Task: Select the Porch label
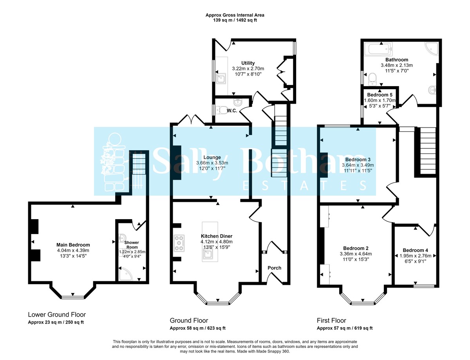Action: pyautogui.click(x=274, y=268)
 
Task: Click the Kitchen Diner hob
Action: pyautogui.click(x=179, y=243)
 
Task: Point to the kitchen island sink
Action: pyautogui.click(x=208, y=255)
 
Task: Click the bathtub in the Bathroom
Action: pyautogui.click(x=378, y=50)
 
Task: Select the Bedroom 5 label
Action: pyautogui.click(x=380, y=95)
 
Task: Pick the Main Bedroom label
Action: pyautogui.click(x=73, y=245)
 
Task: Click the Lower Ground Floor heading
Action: pyautogui.click(x=57, y=315)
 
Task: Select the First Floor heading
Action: pyautogui.click(x=331, y=320)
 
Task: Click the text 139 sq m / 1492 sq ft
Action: pyautogui.click(x=235, y=20)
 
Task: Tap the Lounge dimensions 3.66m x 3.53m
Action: pyautogui.click(x=212, y=163)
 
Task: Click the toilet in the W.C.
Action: pyautogui.click(x=221, y=110)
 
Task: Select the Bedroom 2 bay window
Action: pyautogui.click(x=362, y=302)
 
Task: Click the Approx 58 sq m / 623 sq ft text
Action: pyautogui.click(x=197, y=328)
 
